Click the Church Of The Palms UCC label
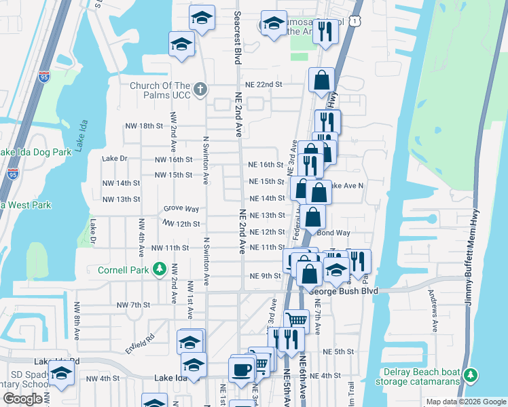[160, 90]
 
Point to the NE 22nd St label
[264, 84]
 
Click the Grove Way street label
[181, 210]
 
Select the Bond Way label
[333, 233]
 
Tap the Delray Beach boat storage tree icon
[469, 374]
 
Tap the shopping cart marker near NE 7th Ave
[296, 320]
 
